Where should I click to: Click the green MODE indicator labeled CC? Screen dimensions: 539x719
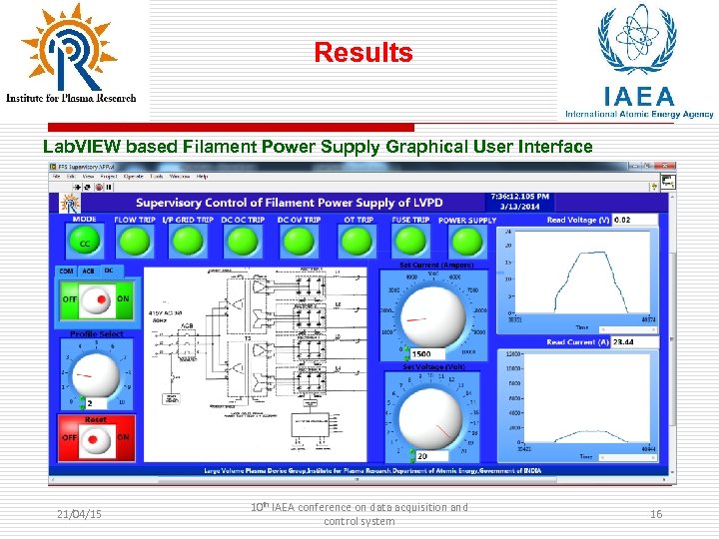click(x=85, y=240)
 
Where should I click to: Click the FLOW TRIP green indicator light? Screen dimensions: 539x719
click(x=134, y=241)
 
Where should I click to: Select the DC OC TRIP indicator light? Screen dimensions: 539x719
click(x=242, y=241)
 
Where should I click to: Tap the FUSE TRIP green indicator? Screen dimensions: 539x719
click(x=409, y=241)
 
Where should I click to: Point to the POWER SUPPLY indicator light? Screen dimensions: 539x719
click(x=466, y=241)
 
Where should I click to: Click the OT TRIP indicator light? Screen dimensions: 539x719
click(x=357, y=241)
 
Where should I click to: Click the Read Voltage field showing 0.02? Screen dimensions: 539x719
click(x=634, y=220)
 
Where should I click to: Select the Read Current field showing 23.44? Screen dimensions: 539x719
click(x=635, y=342)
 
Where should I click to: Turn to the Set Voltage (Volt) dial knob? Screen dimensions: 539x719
click(x=430, y=417)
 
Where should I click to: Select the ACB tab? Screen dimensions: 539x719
click(x=88, y=270)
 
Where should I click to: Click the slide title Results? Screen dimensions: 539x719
click(x=363, y=53)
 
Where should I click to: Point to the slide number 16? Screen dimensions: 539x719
click(x=656, y=513)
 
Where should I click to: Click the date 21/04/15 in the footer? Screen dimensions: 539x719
click(x=80, y=513)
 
